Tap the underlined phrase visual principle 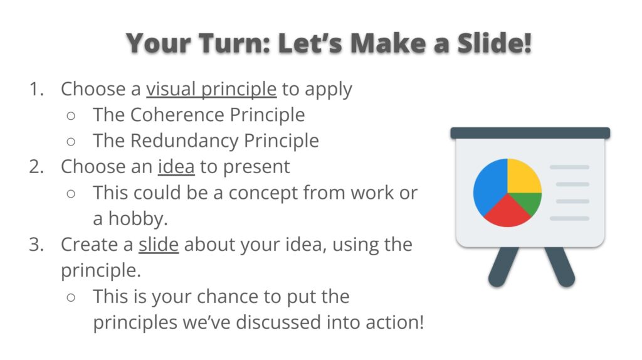click(211, 89)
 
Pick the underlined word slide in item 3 click(159, 245)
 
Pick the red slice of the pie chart click(507, 214)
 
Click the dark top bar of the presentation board click(530, 133)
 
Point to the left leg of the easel click(502, 266)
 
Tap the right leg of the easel click(559, 266)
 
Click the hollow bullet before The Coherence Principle click(71, 116)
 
